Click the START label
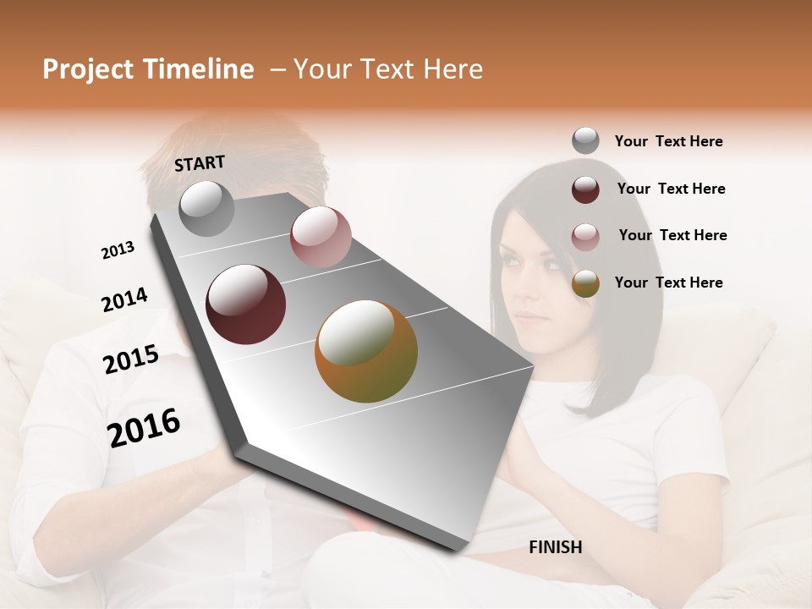pyautogui.click(x=200, y=163)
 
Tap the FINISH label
pyautogui.click(x=555, y=547)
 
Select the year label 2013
pyautogui.click(x=118, y=250)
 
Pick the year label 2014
pyautogui.click(x=124, y=300)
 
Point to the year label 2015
pyautogui.click(x=131, y=359)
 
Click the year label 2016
pyautogui.click(x=144, y=427)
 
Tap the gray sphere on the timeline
pyautogui.click(x=206, y=208)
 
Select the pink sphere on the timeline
pyautogui.click(x=320, y=236)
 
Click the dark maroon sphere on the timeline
pyautogui.click(x=245, y=304)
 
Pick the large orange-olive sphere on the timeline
pyautogui.click(x=365, y=351)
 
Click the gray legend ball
pyautogui.click(x=585, y=141)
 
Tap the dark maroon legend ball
pyautogui.click(x=585, y=189)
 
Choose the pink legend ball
pyautogui.click(x=585, y=237)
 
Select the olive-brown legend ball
pyautogui.click(x=585, y=283)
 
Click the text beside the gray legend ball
pyautogui.click(x=668, y=142)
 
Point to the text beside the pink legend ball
pyautogui.click(x=672, y=235)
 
